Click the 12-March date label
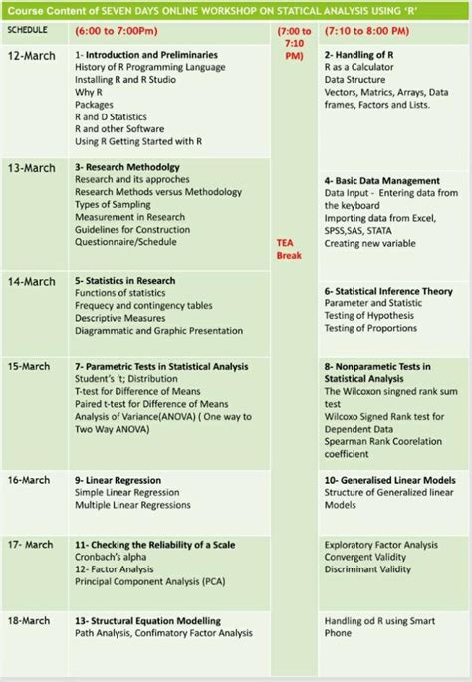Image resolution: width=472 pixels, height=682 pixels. (31, 55)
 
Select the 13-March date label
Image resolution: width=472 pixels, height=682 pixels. (32, 168)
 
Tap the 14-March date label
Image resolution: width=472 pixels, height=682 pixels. (32, 282)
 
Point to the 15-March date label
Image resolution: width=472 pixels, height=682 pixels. (29, 366)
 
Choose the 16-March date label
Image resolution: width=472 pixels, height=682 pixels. (29, 480)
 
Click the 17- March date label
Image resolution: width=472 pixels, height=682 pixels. (30, 545)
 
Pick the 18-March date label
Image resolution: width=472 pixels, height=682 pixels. (29, 620)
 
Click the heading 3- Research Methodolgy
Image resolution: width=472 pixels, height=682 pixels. (127, 167)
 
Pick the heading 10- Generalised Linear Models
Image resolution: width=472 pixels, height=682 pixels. (389, 480)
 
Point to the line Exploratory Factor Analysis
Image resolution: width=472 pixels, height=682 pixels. (380, 545)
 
